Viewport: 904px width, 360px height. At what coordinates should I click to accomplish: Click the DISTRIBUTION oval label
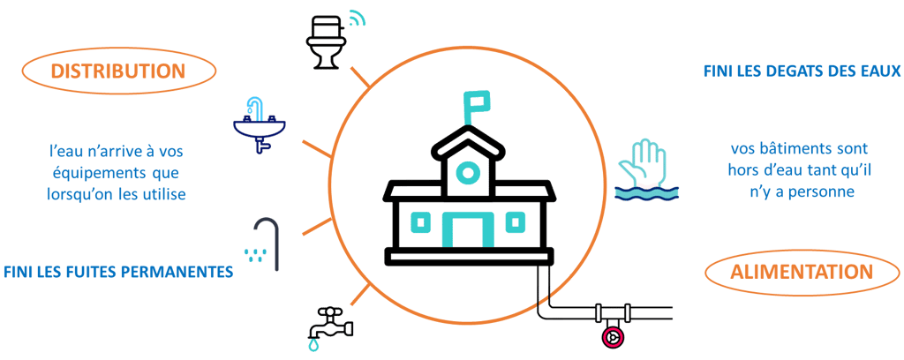pyautogui.click(x=117, y=71)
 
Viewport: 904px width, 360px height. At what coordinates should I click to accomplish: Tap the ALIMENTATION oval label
pyautogui.click(x=802, y=273)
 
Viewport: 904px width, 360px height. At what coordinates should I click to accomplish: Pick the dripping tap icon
pyautogui.click(x=330, y=325)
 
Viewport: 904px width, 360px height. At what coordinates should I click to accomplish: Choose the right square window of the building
pyautogui.click(x=515, y=223)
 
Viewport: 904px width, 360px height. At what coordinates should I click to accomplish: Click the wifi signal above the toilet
pyautogui.click(x=356, y=19)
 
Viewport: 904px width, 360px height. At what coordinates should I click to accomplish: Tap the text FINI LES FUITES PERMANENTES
pyautogui.click(x=117, y=272)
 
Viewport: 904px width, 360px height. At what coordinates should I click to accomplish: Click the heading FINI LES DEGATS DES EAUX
pyautogui.click(x=802, y=71)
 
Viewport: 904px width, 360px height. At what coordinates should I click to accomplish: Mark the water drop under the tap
pyautogui.click(x=314, y=347)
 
